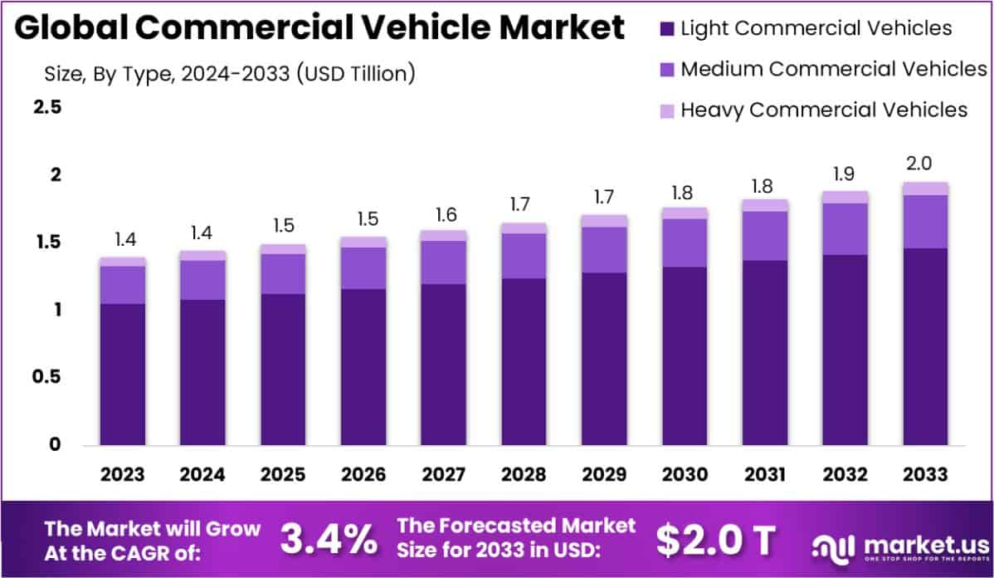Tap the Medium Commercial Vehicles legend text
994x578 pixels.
click(833, 69)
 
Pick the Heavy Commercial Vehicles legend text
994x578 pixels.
click(824, 110)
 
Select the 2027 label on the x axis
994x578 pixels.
click(444, 475)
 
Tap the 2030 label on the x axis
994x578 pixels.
click(685, 475)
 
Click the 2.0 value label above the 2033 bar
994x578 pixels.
click(925, 163)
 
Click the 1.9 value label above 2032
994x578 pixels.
click(845, 173)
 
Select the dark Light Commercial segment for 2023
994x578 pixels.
click(123, 374)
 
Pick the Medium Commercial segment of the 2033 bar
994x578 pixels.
click(925, 222)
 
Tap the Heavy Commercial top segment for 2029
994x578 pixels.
click(604, 221)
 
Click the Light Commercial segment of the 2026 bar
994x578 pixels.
click(363, 366)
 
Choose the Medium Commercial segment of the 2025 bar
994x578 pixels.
click(283, 274)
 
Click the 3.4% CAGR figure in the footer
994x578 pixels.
click(329, 540)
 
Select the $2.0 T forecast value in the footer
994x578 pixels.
click(715, 541)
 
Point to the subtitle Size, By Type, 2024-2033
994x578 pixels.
click(229, 74)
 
